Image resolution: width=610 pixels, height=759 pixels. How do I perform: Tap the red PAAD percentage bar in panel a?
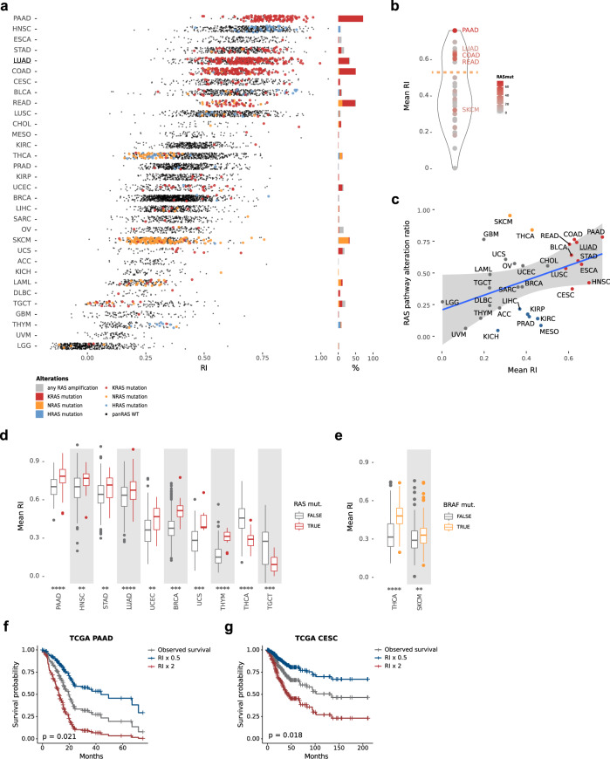pyautogui.click(x=350, y=18)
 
